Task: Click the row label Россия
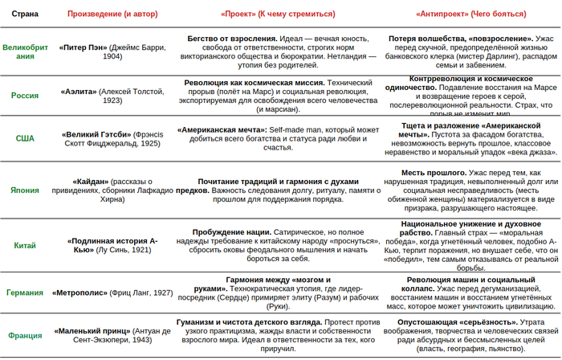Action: coord(25,95)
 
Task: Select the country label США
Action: coord(25,138)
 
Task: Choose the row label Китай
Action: coord(25,245)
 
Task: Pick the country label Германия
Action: coord(25,293)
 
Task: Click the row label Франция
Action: coord(25,336)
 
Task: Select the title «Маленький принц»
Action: coord(93,331)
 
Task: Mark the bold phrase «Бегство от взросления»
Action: coord(231,39)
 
